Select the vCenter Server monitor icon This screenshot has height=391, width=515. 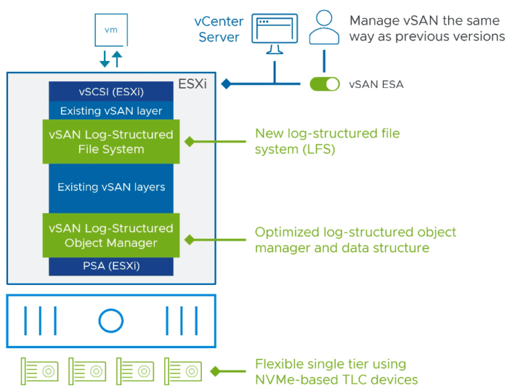click(274, 36)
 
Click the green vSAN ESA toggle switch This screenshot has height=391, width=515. click(325, 84)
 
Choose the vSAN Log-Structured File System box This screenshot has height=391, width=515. click(111, 142)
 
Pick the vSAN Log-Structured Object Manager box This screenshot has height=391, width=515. click(111, 235)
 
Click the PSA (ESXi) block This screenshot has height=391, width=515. click(111, 266)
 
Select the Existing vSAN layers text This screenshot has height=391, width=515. click(111, 187)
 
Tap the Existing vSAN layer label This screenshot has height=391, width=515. click(111, 111)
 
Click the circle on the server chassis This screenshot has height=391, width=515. click(111, 321)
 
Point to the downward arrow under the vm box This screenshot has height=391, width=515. click(105, 59)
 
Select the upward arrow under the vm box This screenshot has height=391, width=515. click(117, 59)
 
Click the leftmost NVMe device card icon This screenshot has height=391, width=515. click(40, 370)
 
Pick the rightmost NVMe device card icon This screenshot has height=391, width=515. click(182, 370)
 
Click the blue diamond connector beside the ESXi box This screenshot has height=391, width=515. click(226, 85)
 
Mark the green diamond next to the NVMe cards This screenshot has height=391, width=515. click(215, 370)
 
